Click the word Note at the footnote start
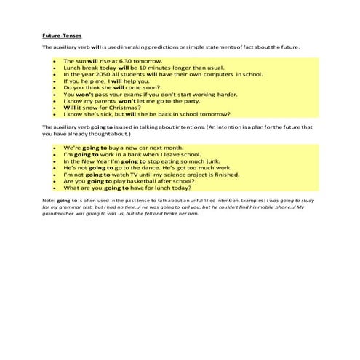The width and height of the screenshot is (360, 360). [49, 199]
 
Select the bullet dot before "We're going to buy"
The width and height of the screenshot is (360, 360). [55, 148]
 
